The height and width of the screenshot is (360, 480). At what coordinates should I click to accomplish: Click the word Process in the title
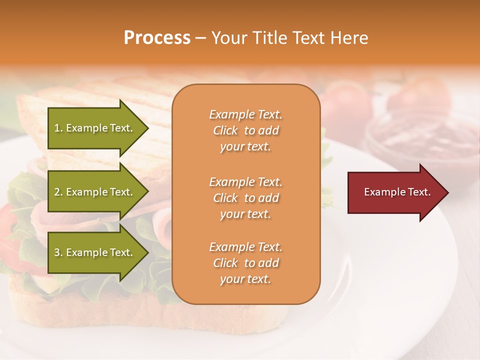[x=157, y=38]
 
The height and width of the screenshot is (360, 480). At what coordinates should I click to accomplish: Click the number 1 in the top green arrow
[x=57, y=128]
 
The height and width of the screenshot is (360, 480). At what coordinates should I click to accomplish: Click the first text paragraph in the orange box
[x=245, y=130]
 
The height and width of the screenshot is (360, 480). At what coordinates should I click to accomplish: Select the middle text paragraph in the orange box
[x=245, y=197]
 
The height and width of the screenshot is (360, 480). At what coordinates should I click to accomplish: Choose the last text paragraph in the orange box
[x=245, y=263]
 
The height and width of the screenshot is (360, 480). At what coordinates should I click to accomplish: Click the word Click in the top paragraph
[x=225, y=130]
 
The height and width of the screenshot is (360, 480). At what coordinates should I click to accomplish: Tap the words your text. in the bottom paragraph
[x=245, y=279]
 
